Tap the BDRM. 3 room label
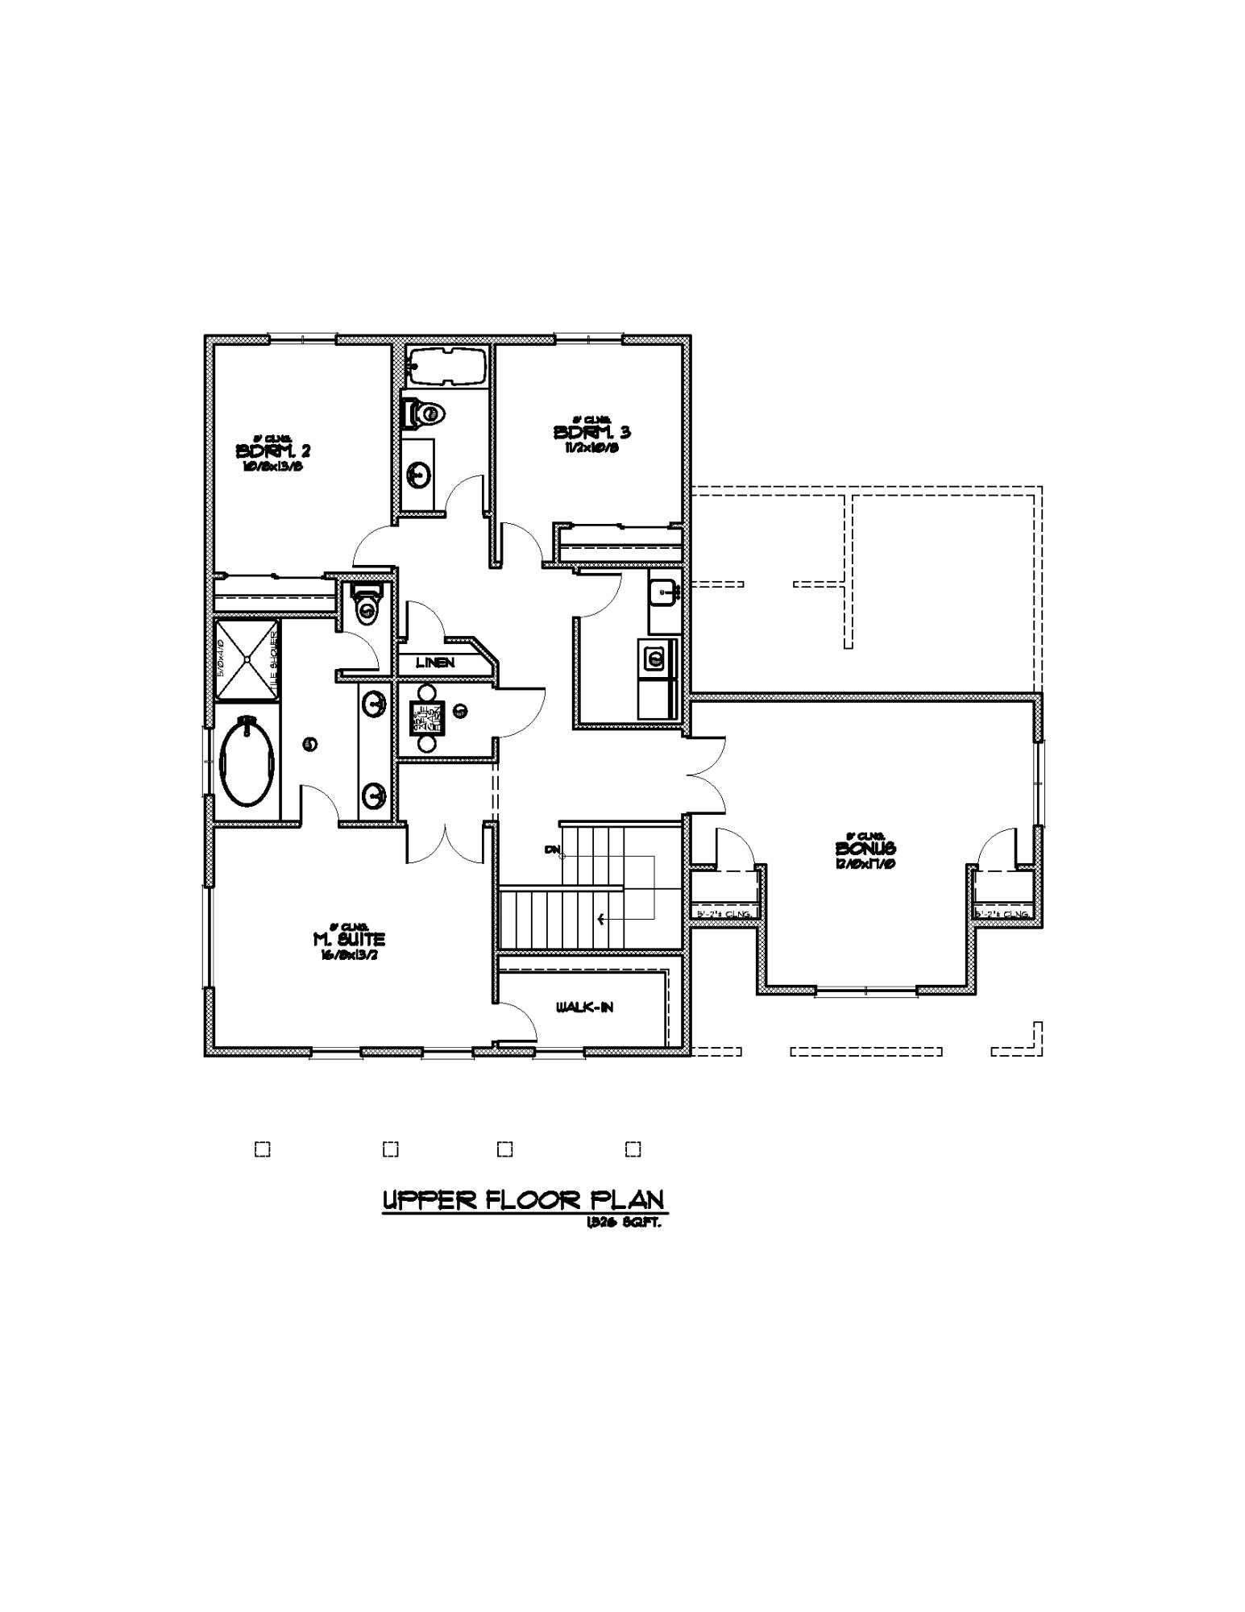pos(592,433)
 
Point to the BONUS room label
pos(865,849)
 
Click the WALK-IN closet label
pos(584,1008)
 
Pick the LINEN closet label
pos(435,663)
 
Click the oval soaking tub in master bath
pos(247,760)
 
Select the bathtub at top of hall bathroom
pos(446,367)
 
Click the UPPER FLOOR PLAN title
pos(525,1200)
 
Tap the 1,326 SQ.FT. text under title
pos(625,1223)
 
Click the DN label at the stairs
pos(552,850)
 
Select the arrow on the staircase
pos(601,918)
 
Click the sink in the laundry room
pos(665,592)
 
